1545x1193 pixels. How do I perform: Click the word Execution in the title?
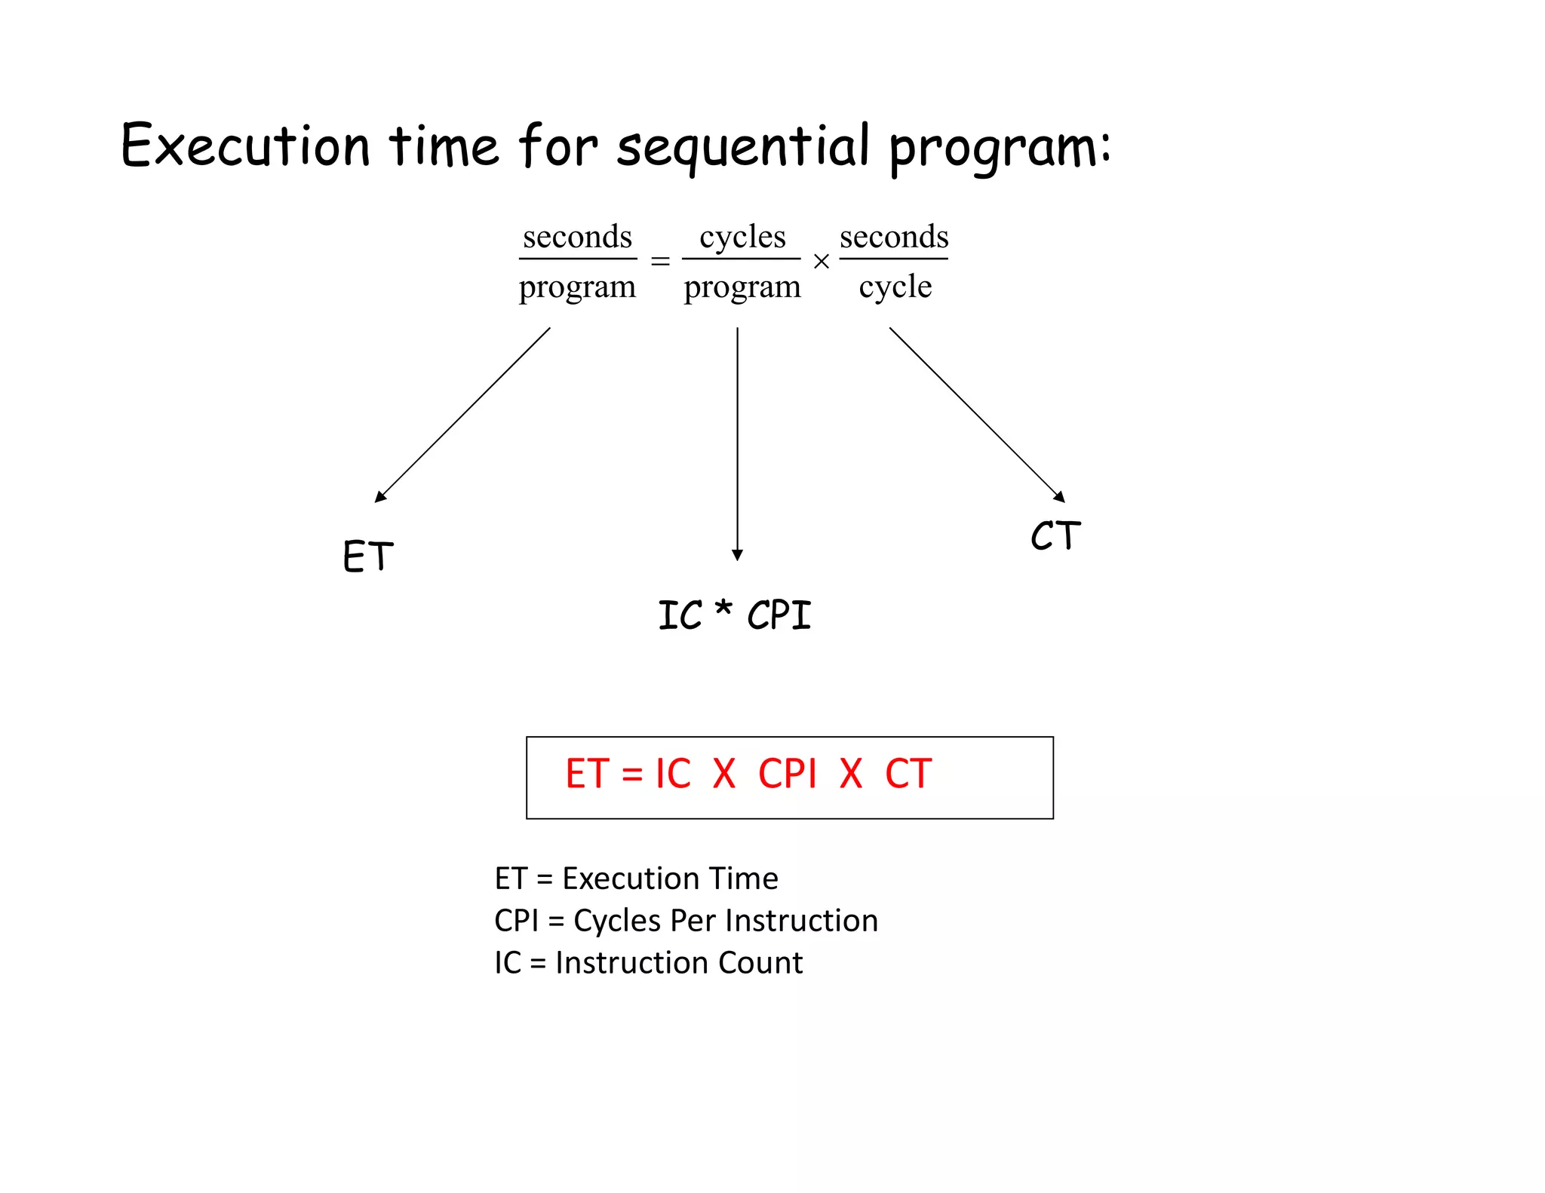tap(245, 145)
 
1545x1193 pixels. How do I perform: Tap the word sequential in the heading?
tap(743, 147)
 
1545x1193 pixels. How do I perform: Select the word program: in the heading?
tap(1000, 149)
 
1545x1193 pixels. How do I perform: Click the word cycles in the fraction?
tap(742, 237)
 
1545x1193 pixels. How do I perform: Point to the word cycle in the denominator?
tap(895, 287)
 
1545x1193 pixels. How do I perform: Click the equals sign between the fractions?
tap(660, 261)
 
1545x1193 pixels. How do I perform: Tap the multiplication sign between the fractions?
tap(822, 262)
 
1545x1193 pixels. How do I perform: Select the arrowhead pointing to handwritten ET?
tap(380, 496)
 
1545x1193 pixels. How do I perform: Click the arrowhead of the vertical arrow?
tap(737, 555)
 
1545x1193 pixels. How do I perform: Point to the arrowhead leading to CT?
tap(1059, 496)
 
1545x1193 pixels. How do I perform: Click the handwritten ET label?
tap(368, 557)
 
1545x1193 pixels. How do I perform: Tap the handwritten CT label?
tap(1055, 536)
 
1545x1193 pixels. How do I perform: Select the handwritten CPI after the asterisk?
tap(779, 615)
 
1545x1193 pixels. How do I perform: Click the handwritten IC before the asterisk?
tap(680, 615)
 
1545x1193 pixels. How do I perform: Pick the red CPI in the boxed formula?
tap(787, 774)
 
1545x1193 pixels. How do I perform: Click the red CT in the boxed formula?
tap(908, 774)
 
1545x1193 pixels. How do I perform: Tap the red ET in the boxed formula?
tap(587, 774)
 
